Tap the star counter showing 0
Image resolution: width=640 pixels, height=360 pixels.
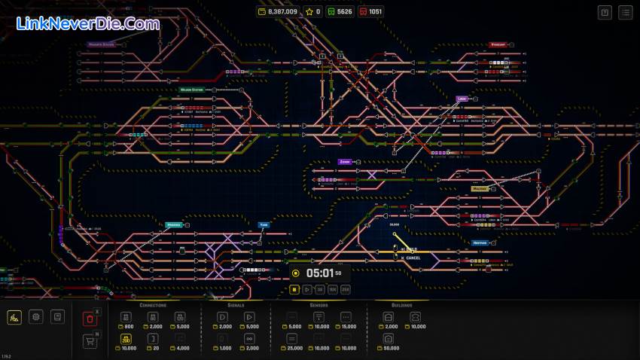coord(313,12)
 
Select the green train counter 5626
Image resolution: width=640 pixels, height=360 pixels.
coord(340,12)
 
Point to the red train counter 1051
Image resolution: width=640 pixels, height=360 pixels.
coord(370,12)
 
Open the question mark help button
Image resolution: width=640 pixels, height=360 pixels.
coord(605,12)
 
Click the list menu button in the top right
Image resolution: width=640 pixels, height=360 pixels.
coord(626,12)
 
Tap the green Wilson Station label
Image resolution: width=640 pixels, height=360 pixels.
coord(191,90)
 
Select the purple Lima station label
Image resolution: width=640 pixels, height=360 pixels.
coord(462,99)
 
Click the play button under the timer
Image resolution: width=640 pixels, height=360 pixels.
coord(307,289)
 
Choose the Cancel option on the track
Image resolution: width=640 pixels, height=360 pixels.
coord(411,258)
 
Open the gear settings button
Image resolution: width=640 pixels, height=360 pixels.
coord(35,317)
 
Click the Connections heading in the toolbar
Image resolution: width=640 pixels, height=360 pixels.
coord(153,305)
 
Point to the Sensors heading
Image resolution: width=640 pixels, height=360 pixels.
coord(318,305)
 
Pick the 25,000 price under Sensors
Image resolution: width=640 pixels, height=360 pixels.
coord(294,349)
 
